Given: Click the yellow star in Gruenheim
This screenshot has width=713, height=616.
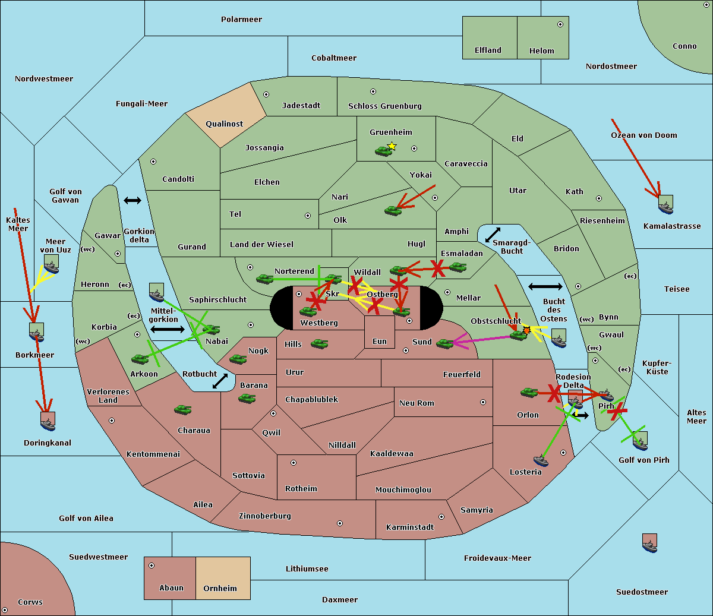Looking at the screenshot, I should pos(392,146).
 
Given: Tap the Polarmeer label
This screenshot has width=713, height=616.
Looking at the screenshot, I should pos(241,20).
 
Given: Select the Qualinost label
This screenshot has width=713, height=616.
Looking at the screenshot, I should pos(225,124).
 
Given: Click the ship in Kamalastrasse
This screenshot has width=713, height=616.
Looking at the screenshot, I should pos(666,206).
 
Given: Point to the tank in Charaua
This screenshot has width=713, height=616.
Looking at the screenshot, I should pos(183,410).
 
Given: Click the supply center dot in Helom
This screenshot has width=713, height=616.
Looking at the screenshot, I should pos(560,24).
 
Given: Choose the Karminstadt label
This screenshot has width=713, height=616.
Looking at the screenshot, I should pos(410,527).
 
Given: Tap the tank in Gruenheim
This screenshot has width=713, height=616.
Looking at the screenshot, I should pos(383,151).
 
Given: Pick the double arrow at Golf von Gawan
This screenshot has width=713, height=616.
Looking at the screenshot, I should pos(132,200).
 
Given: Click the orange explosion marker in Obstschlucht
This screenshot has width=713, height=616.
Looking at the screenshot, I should pos(526,330).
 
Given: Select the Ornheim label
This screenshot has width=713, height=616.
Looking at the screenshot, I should pos(220,589).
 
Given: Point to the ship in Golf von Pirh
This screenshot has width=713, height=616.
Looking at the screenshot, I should pos(640,441).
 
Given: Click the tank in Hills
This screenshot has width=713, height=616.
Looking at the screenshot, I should pos(320,343).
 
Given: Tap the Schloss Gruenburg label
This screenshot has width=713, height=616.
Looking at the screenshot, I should pos(384,106).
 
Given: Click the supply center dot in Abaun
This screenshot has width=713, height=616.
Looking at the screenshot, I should pos(152,566).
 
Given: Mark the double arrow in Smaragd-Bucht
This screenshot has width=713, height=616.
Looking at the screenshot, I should pos(493,235).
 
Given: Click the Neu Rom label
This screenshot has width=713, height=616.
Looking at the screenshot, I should pos(417,403).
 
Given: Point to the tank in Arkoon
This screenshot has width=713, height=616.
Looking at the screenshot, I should pos(140,359).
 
